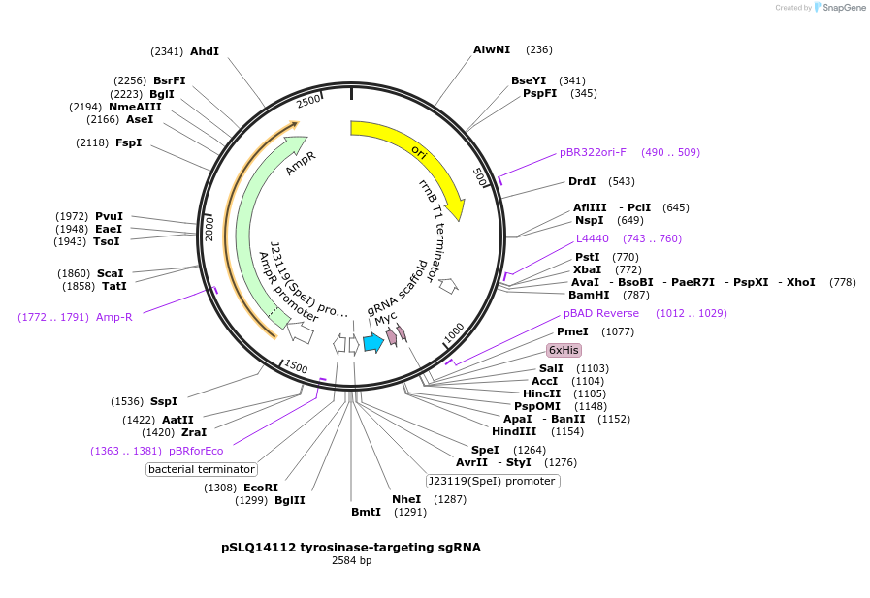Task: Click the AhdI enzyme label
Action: tap(205, 51)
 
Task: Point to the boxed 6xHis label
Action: tap(564, 350)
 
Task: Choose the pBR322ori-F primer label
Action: tap(593, 152)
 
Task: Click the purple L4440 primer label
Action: tap(593, 238)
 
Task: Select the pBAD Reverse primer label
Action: tap(601, 313)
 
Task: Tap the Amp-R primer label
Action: tap(114, 317)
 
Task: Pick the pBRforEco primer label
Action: tap(196, 451)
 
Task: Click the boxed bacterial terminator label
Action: tap(202, 469)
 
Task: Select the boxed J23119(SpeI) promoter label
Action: tap(494, 481)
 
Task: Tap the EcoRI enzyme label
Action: tap(260, 488)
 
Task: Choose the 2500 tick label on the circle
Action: tap(307, 102)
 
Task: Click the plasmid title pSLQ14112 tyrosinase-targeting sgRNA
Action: tap(351, 548)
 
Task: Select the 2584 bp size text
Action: tap(351, 561)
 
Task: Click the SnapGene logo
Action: tap(840, 8)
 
